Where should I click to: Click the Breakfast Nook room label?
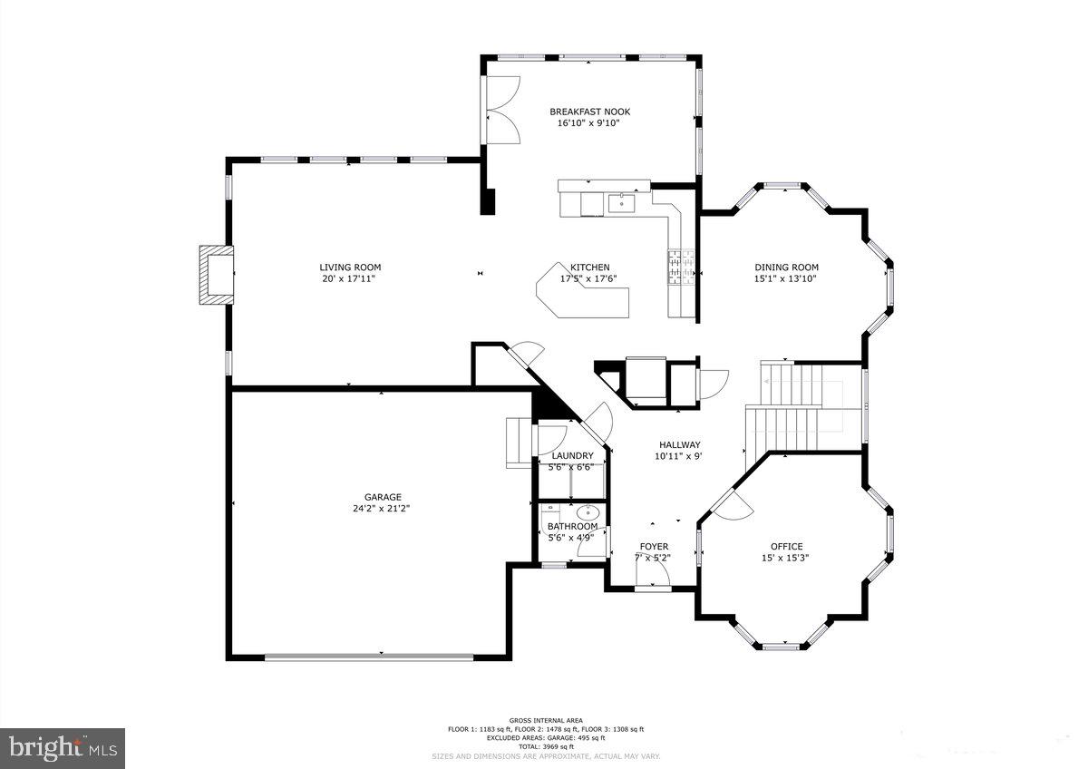pos(589,112)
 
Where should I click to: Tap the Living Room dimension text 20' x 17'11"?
pos(349,279)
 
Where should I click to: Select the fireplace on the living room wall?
pos(216,273)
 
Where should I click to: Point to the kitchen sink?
pos(623,201)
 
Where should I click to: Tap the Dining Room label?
pos(786,268)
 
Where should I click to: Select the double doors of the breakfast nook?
pos(500,109)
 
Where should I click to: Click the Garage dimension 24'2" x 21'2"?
pos(383,509)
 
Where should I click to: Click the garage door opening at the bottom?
pos(382,656)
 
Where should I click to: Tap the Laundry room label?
pos(572,456)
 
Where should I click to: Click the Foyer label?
pos(654,547)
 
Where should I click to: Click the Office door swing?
pos(731,506)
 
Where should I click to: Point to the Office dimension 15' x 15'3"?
pos(785,559)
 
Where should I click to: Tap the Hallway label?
pos(679,444)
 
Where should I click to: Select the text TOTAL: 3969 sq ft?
pos(545,746)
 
